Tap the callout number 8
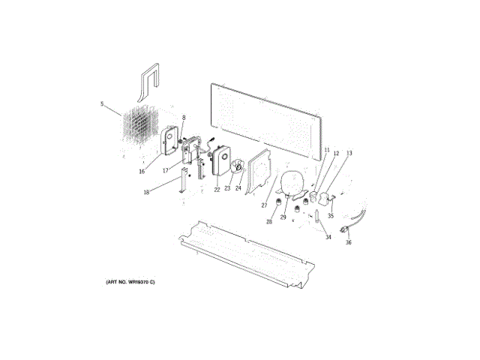183,118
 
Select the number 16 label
141,171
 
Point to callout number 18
147,192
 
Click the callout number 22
217,189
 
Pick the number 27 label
264,205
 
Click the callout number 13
349,153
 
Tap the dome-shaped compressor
290,183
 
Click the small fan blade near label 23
239,169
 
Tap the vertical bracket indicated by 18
182,184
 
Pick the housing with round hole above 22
223,163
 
